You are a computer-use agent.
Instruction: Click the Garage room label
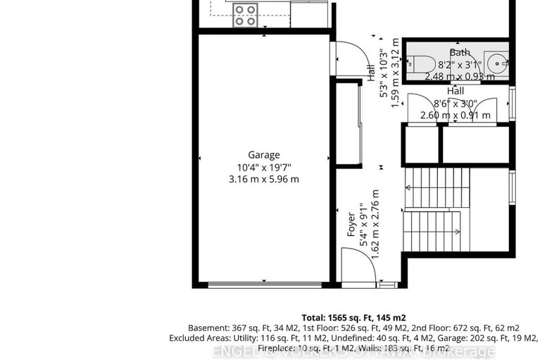pyautogui.click(x=263, y=155)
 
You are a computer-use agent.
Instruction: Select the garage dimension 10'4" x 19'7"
pyautogui.click(x=263, y=167)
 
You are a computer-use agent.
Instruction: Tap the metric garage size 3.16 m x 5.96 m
pyautogui.click(x=263, y=179)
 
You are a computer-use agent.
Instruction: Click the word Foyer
pyautogui.click(x=351, y=223)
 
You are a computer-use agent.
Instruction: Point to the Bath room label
pyautogui.click(x=460, y=52)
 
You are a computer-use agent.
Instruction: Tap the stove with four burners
pyautogui.click(x=244, y=15)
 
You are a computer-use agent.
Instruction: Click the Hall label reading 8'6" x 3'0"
pyautogui.click(x=456, y=104)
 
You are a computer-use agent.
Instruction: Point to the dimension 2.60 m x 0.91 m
pyautogui.click(x=456, y=116)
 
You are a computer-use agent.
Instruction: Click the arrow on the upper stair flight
pyautogui.click(x=409, y=187)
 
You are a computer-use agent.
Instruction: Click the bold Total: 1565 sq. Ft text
pyautogui.click(x=353, y=318)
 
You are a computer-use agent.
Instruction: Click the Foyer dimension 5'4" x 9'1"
pyautogui.click(x=363, y=223)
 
